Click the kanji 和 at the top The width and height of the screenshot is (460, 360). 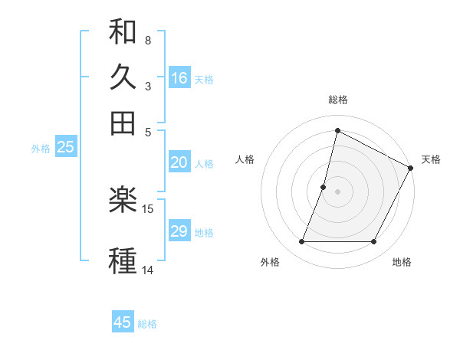coord(123,32)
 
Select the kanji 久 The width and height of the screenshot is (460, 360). coord(123,77)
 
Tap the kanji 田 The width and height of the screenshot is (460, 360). coord(123,123)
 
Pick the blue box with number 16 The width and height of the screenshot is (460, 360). coord(179,78)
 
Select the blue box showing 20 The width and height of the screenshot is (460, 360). coord(179,162)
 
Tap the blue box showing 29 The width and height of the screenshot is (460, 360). coord(179,231)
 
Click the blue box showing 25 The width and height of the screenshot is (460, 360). coord(65,148)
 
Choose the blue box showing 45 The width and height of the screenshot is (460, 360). coord(123,322)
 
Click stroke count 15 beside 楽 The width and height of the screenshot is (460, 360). coord(149,208)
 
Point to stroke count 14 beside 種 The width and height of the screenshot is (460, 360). coord(149,270)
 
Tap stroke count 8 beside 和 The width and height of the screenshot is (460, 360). coord(147,40)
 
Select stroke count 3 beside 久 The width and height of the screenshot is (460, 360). coord(147,86)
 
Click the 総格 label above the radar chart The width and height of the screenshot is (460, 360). coord(338,100)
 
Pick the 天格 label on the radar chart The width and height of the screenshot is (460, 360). coord(431,159)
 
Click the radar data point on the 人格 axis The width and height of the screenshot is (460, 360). coord(324,187)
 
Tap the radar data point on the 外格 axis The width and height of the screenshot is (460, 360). coord(301,242)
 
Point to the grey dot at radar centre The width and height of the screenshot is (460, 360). coord(337,191)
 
